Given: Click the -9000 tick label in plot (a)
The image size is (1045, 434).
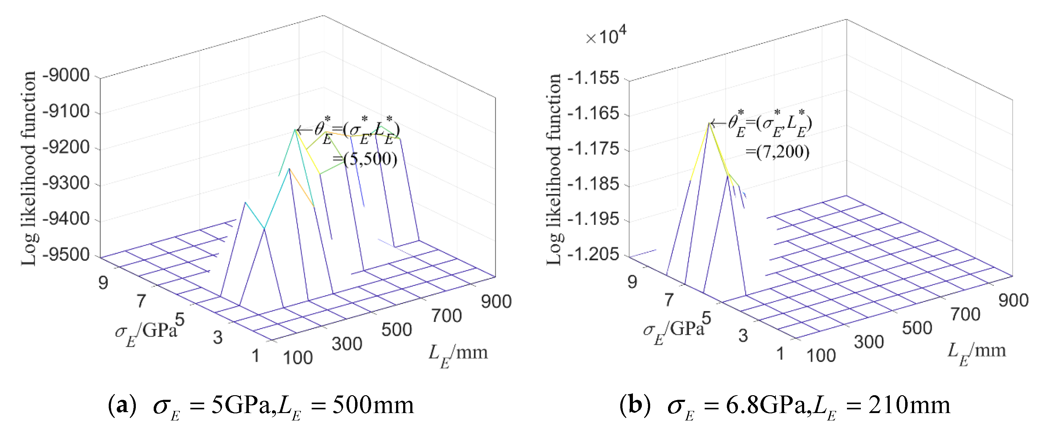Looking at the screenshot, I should (x=66, y=75).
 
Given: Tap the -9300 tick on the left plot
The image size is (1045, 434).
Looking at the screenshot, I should (x=66, y=183).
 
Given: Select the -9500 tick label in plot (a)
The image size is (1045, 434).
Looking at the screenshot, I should (x=66, y=255).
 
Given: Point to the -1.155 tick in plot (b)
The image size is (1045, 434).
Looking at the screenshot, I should (x=593, y=78).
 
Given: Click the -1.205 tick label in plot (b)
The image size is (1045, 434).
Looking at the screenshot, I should (x=593, y=254).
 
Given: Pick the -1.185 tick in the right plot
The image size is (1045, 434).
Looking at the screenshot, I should (x=593, y=184).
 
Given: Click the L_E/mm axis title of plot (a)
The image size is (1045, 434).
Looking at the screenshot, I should (x=458, y=355).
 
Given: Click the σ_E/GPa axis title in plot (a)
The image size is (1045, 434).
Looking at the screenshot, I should (x=146, y=333).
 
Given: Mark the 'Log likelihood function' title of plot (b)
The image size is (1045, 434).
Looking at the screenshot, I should (x=554, y=169).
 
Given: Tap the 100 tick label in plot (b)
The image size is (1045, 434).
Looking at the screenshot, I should (x=821, y=356).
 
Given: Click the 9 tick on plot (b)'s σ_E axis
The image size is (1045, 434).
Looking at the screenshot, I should (x=632, y=282).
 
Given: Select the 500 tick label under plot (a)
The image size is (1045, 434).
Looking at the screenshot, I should (x=396, y=329).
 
